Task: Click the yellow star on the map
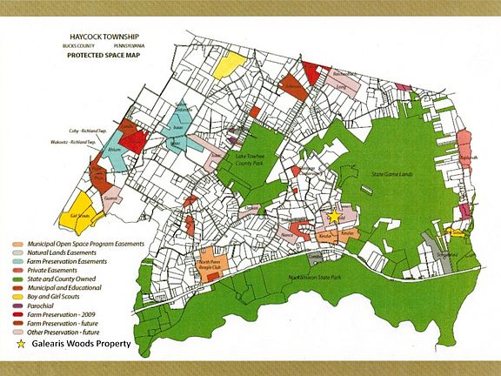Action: (x=334, y=215)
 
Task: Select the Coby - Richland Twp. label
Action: (x=72, y=130)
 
